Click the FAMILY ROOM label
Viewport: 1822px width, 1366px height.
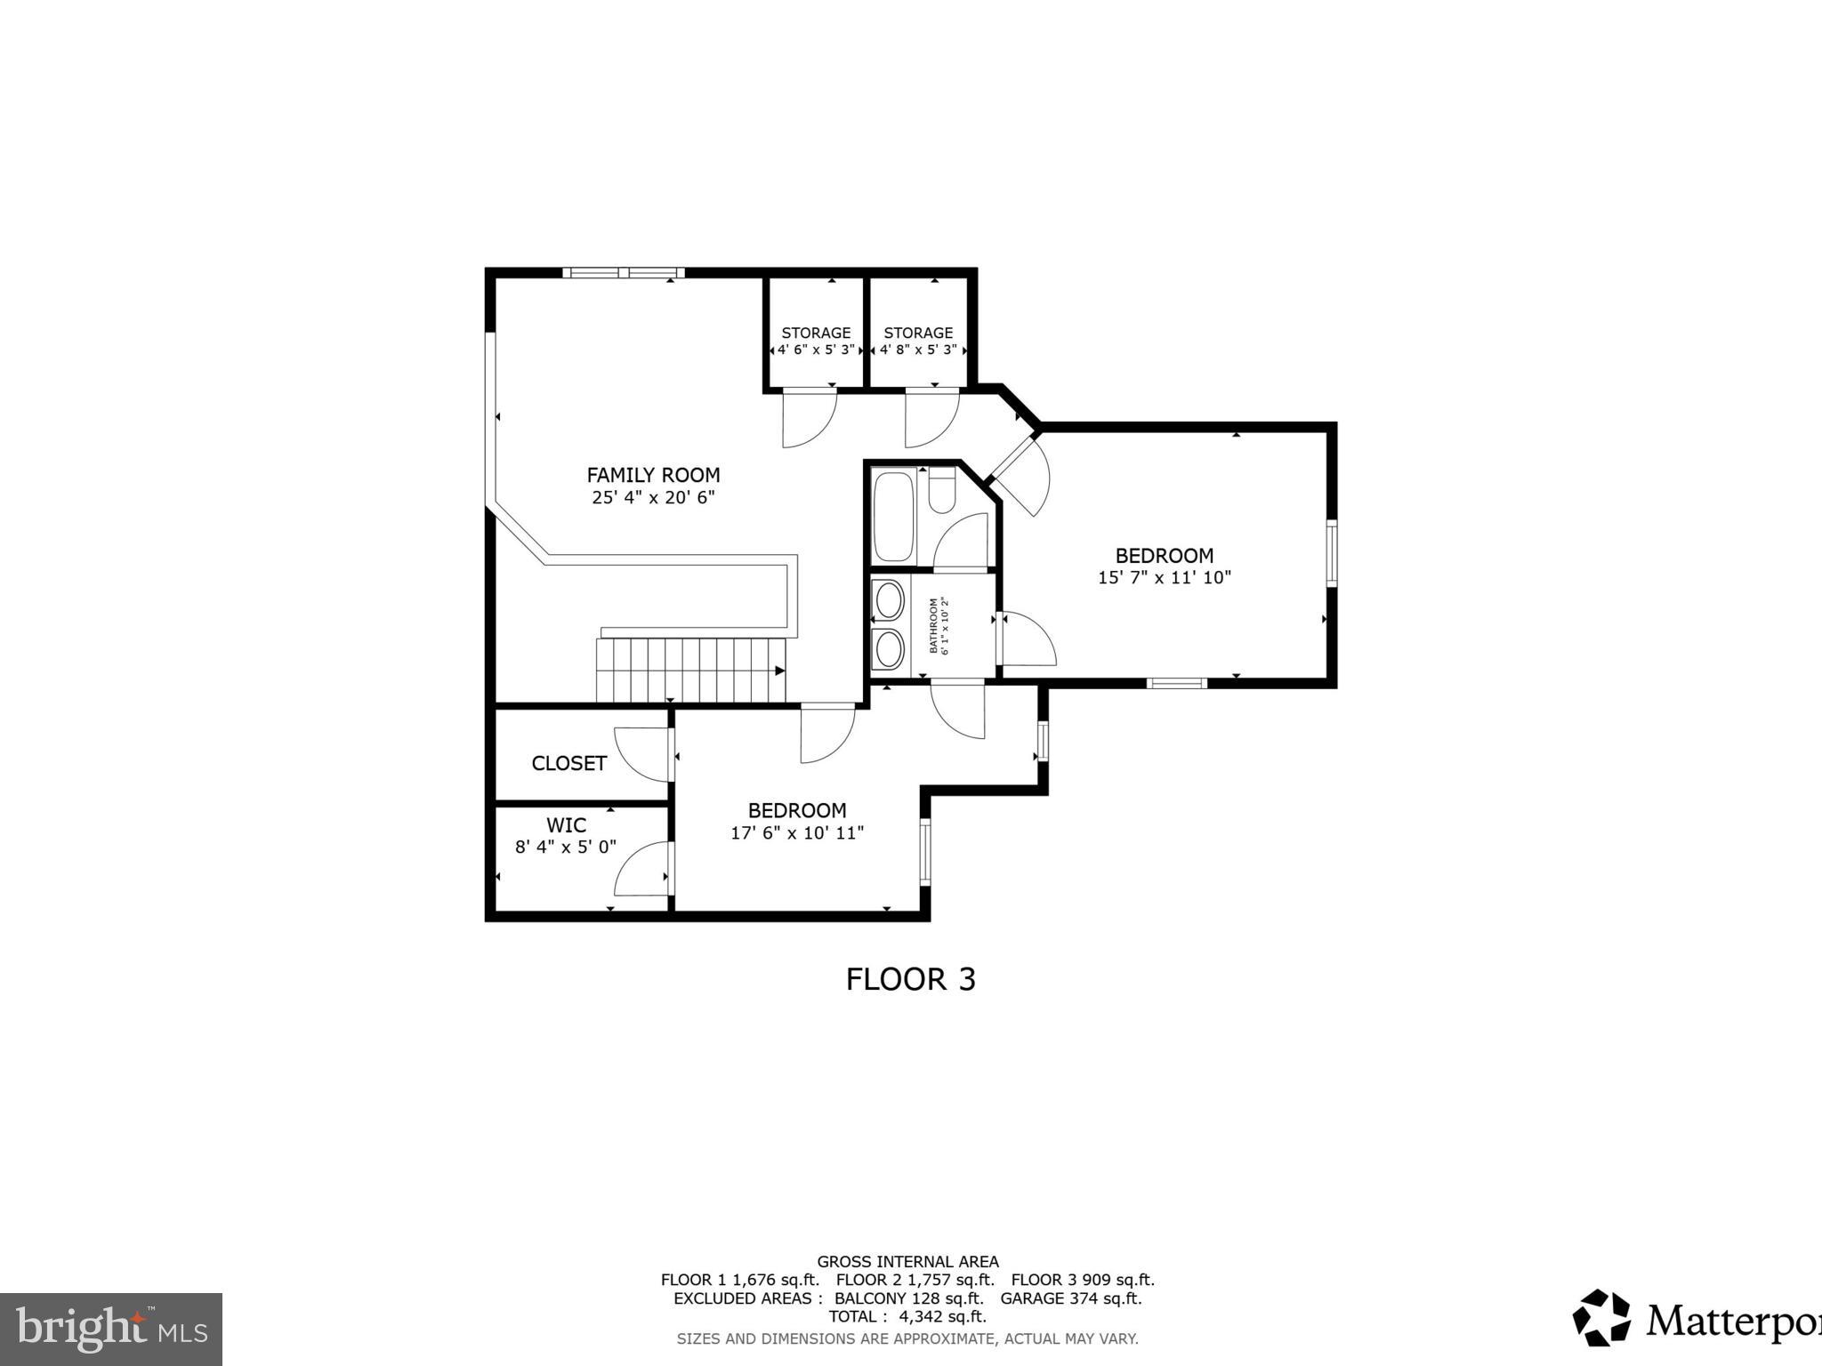[653, 475]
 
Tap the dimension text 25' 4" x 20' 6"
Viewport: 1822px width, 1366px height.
[653, 498]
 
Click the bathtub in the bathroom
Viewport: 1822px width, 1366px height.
[893, 516]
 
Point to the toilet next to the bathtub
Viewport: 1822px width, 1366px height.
[941, 492]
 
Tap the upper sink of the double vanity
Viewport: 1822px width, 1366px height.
[889, 600]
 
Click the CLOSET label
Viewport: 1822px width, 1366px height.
[568, 763]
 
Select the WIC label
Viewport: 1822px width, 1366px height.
[566, 825]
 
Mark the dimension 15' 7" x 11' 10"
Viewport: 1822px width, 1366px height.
[1164, 578]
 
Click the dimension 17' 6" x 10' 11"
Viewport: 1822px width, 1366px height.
[797, 833]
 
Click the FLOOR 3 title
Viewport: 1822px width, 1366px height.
[910, 979]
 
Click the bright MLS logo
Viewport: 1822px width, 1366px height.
[111, 1330]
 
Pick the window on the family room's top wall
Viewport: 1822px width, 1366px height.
[623, 273]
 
